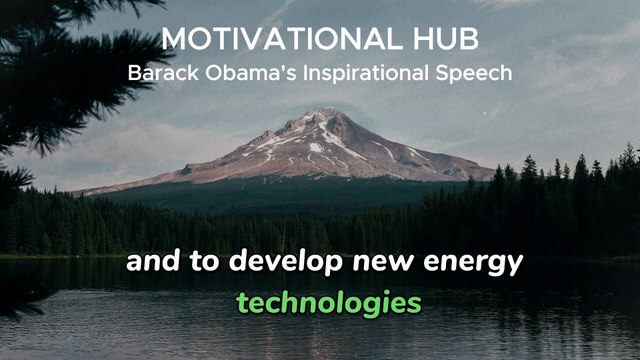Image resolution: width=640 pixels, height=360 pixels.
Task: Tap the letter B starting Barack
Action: click(134, 73)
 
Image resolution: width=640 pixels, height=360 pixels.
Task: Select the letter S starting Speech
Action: click(444, 73)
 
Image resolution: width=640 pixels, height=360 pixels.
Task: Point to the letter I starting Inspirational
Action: click(292, 73)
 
